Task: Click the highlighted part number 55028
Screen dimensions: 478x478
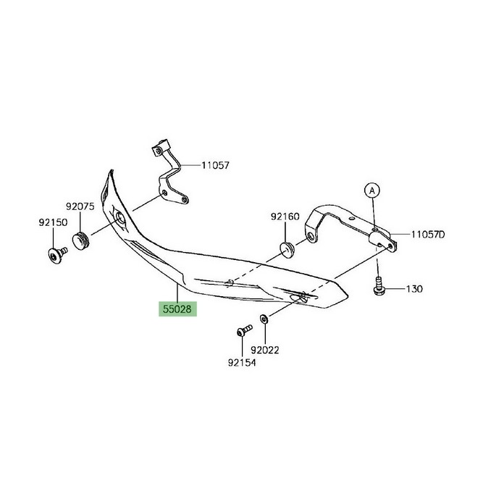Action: click(177, 309)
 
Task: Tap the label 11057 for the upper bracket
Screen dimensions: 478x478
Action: click(215, 166)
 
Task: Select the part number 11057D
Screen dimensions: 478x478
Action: click(428, 235)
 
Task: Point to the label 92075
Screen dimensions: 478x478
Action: click(80, 206)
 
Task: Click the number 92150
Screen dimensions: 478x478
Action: click(53, 222)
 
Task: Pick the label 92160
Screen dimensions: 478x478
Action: click(285, 217)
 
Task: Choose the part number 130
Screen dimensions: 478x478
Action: click(414, 289)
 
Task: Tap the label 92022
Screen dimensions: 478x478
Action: click(265, 351)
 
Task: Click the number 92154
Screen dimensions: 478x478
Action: click(242, 363)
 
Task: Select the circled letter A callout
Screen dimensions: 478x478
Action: click(372, 190)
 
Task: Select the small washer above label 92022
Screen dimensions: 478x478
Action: click(264, 319)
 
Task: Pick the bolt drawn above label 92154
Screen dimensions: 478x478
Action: click(245, 330)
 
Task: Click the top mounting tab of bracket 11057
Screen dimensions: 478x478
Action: click(160, 148)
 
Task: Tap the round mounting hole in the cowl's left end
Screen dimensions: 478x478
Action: click(119, 218)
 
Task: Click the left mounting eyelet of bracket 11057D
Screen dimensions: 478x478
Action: click(311, 237)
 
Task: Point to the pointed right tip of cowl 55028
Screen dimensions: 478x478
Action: click(348, 295)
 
